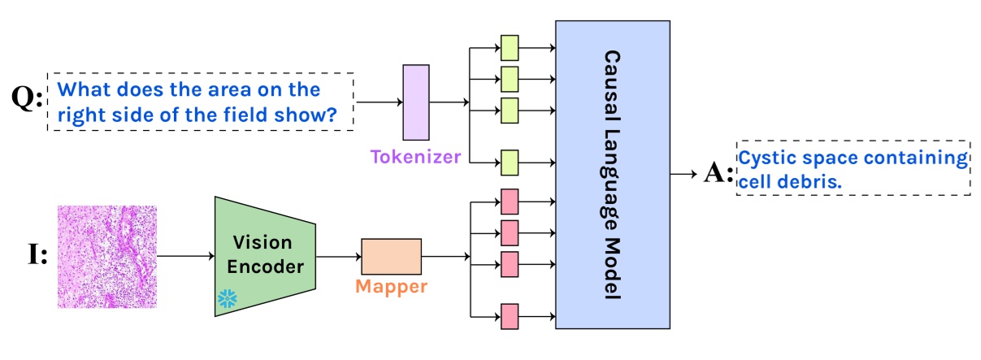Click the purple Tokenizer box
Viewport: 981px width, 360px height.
point(416,102)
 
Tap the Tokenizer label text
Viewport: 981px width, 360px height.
point(415,156)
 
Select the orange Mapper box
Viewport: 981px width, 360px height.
point(392,257)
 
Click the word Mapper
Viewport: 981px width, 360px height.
point(391,286)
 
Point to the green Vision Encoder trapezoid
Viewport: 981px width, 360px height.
point(265,256)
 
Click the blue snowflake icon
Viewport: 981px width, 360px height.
point(228,299)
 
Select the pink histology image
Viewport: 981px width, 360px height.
point(107,257)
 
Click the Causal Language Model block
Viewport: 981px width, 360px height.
point(613,174)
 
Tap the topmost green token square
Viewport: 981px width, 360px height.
point(510,48)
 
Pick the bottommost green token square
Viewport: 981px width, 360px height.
point(510,163)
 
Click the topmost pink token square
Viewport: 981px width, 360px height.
point(510,202)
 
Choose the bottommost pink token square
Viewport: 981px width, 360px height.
point(510,316)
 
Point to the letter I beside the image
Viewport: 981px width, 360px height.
point(34,254)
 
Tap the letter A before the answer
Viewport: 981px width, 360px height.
point(714,171)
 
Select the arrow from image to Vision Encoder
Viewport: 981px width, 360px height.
point(185,256)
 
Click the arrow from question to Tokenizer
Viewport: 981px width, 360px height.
point(380,102)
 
